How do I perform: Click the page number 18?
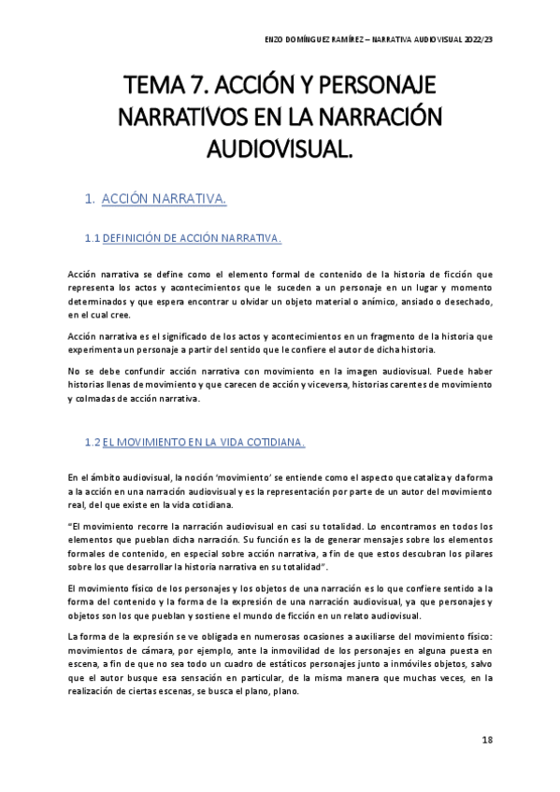point(487,740)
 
